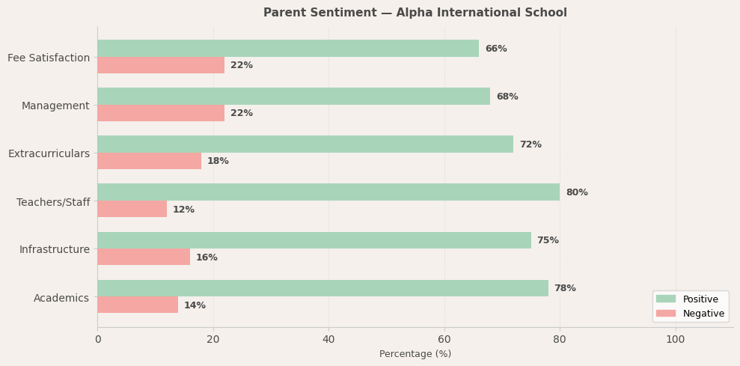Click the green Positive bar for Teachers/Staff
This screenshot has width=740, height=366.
[328, 192]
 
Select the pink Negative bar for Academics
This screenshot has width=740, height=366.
[138, 305]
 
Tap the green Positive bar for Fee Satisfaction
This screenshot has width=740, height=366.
[288, 49]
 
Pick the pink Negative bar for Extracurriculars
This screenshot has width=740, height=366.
[149, 161]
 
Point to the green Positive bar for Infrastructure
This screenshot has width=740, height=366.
[314, 240]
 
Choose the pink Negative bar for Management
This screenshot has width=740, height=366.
[161, 113]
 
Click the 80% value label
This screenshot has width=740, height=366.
[577, 192]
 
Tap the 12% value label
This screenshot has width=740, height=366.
[183, 210]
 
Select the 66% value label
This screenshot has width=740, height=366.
[496, 49]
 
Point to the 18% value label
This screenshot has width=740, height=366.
[218, 161]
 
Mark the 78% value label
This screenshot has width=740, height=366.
[565, 288]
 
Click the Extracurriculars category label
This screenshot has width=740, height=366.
[49, 153]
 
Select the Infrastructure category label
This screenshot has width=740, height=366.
[54, 249]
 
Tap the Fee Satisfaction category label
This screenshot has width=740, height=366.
[49, 58]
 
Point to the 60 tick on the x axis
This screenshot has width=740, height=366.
[444, 339]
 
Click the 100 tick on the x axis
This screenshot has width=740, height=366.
[676, 339]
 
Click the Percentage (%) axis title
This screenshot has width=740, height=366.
[415, 354]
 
